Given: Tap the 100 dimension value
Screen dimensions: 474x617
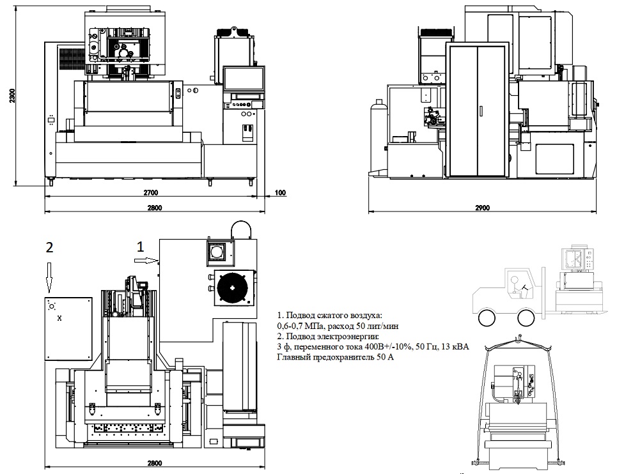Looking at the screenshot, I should [x=280, y=192].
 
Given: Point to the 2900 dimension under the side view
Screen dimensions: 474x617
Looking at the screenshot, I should [x=483, y=208].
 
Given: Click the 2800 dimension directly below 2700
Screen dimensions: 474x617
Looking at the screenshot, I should [x=154, y=208].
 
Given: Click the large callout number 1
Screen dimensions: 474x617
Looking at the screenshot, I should [x=143, y=244].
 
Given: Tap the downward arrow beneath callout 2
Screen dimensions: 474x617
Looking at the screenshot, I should [x=49, y=275].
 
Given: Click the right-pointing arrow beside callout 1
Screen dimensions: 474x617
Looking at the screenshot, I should [x=148, y=260].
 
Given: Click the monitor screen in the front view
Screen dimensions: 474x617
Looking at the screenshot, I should [x=244, y=79].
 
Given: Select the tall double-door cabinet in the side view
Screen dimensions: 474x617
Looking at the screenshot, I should [x=478, y=111].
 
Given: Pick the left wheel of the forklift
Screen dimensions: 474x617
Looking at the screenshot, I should [x=486, y=317].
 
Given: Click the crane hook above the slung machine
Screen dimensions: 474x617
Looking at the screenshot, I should [x=520, y=336].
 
